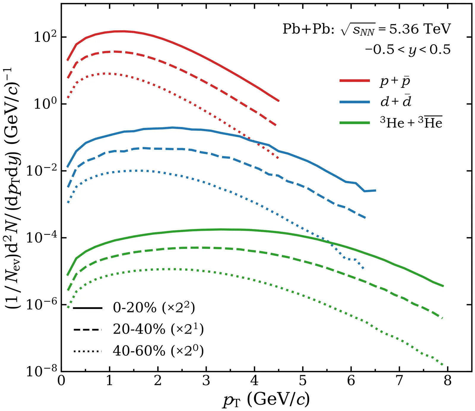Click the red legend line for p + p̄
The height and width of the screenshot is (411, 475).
[355, 80]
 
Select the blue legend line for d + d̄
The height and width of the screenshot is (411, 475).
[355, 102]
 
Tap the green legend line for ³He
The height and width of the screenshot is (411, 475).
[355, 123]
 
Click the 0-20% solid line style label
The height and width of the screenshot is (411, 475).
[154, 307]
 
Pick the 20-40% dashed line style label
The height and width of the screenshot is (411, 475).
[158, 329]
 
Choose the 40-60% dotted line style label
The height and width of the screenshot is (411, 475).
[158, 351]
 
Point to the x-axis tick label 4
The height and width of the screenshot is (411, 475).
[254, 381]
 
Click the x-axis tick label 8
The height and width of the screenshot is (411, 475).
[448, 381]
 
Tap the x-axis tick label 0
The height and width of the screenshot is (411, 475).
[61, 381]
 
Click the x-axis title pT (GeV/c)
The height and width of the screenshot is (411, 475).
[266, 399]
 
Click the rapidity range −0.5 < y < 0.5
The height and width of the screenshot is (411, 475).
[408, 50]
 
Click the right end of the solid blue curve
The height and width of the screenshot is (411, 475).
[376, 190]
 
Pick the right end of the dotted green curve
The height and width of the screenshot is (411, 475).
[443, 365]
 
